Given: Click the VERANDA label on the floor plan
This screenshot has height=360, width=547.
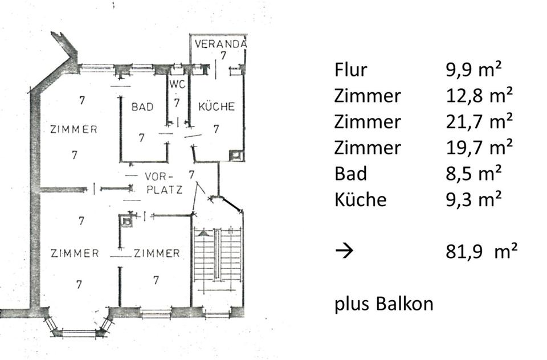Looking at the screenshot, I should [x=219, y=44].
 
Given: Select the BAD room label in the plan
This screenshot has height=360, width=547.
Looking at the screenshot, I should [x=142, y=107].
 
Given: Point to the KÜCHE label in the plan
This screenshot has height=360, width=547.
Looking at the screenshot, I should [x=217, y=107].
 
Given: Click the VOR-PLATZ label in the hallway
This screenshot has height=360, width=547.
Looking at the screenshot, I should [x=164, y=183].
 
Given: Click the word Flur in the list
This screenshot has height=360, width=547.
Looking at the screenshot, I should [x=350, y=70].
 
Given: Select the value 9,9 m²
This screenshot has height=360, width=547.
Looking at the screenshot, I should [x=473, y=70].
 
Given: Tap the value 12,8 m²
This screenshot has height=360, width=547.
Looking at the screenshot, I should [x=479, y=96].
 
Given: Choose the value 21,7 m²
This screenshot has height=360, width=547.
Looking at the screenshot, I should [x=479, y=122].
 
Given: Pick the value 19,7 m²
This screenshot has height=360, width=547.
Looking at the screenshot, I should [x=479, y=148].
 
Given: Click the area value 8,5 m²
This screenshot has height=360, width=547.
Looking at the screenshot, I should [x=473, y=174].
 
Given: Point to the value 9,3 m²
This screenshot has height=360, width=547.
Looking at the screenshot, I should [x=473, y=199].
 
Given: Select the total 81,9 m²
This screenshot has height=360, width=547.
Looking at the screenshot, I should [x=481, y=251].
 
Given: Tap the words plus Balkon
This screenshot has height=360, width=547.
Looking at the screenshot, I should [x=383, y=304].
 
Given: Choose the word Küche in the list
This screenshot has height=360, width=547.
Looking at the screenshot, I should [x=360, y=199].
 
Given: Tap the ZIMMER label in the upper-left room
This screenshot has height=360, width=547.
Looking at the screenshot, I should [x=74, y=129].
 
